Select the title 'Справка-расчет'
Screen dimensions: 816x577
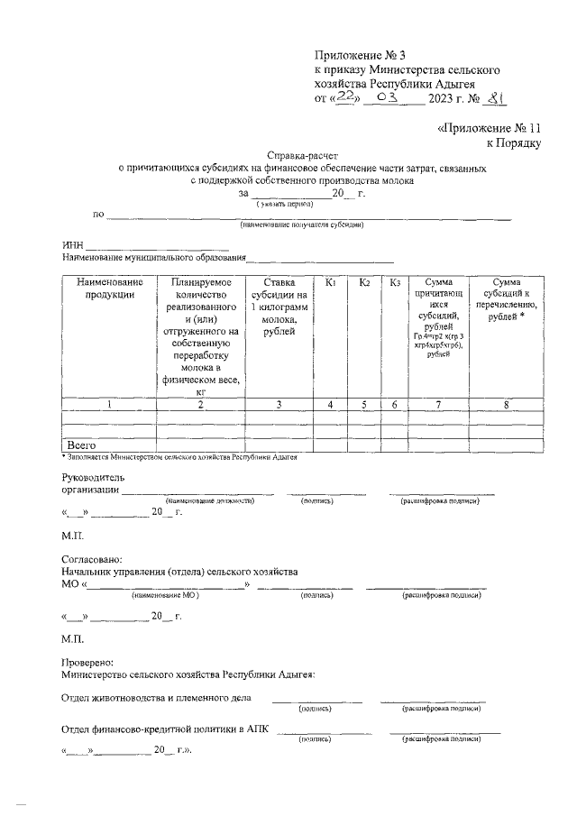click(303, 155)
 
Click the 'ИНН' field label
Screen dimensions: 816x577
click(72, 245)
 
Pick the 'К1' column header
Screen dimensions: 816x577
click(331, 283)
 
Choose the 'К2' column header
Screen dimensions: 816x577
click(365, 283)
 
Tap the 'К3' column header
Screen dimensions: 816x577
click(395, 283)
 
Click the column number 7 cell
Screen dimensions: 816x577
click(438, 405)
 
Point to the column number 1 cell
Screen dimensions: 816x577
click(109, 405)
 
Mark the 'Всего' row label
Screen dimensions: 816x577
click(82, 445)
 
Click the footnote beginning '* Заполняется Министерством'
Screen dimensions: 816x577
click(185, 456)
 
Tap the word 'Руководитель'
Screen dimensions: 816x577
click(93, 476)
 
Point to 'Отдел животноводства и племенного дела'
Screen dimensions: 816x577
click(156, 698)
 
